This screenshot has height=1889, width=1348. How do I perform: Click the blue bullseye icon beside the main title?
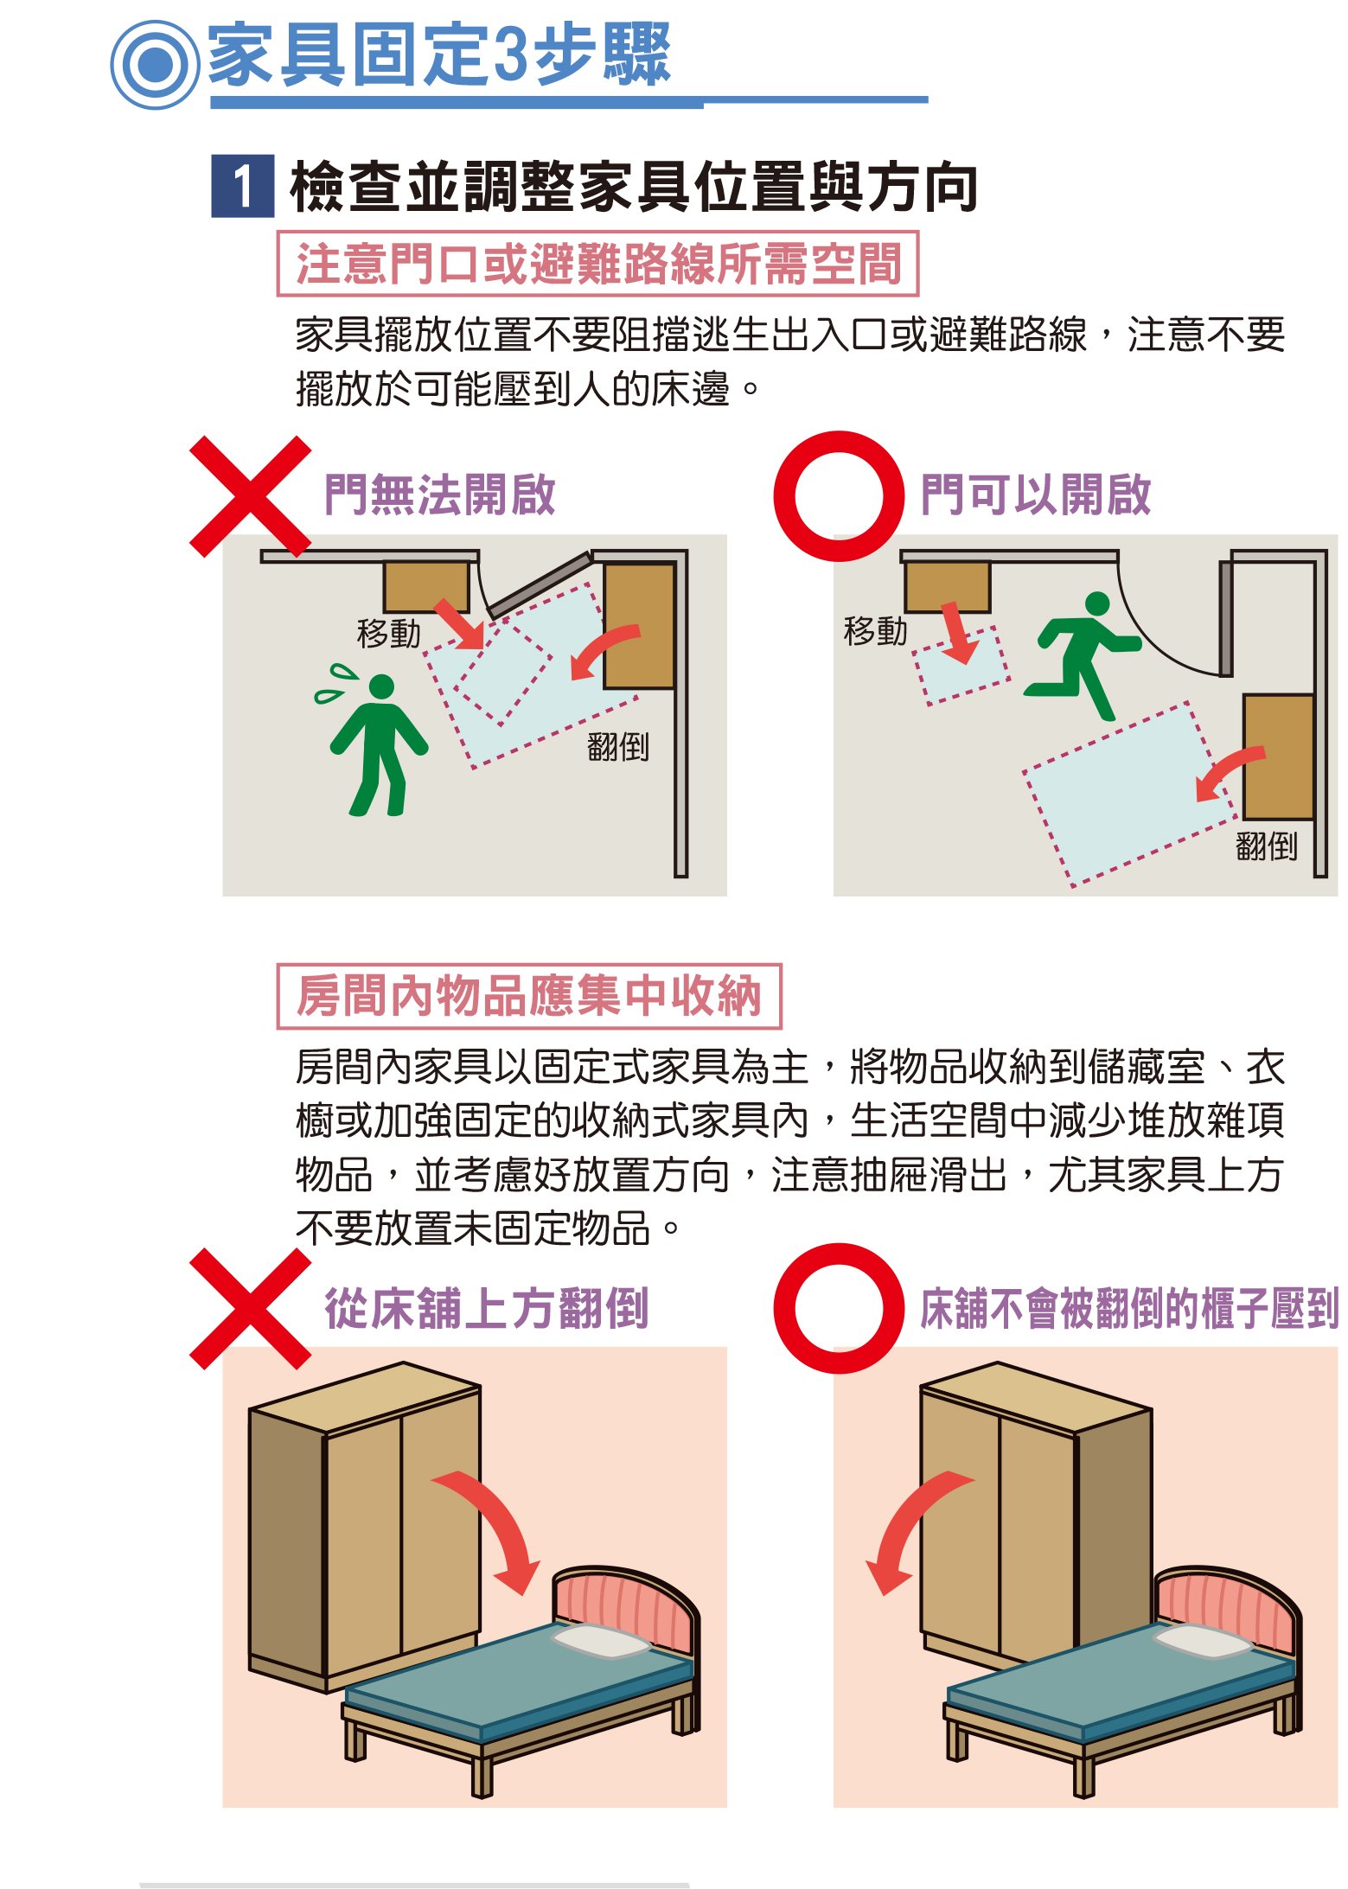click(156, 65)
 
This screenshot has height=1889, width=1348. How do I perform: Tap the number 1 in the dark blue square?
click(243, 186)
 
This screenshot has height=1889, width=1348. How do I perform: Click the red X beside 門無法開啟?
click(250, 496)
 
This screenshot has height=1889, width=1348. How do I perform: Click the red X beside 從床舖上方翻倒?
click(250, 1309)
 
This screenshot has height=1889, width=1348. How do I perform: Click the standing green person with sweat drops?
click(374, 740)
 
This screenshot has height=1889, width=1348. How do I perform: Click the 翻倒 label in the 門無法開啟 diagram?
click(617, 746)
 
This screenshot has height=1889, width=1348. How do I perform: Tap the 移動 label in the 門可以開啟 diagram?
click(875, 630)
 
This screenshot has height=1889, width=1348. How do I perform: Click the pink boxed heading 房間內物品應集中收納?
click(529, 996)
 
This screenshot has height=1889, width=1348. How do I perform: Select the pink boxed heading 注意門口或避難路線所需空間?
click(597, 263)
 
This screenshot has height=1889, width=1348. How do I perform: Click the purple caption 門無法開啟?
click(439, 495)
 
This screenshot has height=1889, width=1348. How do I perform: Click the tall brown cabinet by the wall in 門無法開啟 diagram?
click(640, 625)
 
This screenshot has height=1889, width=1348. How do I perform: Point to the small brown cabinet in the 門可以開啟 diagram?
click(948, 587)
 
